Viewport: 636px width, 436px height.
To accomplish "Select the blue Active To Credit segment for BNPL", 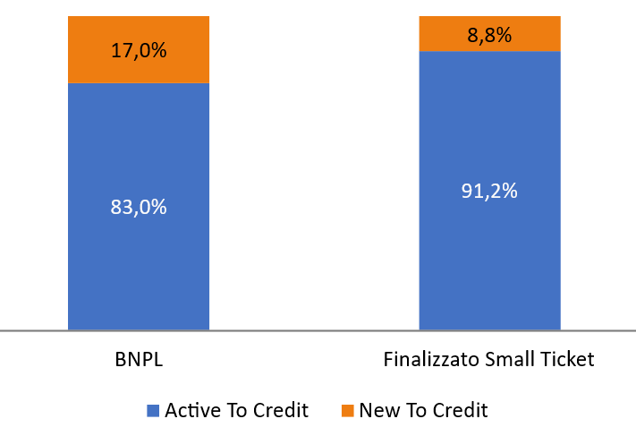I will [139, 260].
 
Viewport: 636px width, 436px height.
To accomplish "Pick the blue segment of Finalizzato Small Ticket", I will [489, 251].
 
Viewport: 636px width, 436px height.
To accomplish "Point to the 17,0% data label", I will [139, 50].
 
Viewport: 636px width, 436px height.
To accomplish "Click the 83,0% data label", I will [139, 207].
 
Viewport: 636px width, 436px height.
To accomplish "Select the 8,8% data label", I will [489, 35].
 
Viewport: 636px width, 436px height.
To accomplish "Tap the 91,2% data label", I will [489, 191].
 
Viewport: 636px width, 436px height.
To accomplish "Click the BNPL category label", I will [139, 360].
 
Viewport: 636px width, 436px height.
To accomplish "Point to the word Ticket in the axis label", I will [567, 360].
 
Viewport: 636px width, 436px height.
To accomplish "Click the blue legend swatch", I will [153, 411].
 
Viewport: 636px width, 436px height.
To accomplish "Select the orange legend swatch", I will [347, 411].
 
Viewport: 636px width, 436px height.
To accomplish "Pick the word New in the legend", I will [378, 411].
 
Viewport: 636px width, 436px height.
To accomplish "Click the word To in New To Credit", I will [413, 411].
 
